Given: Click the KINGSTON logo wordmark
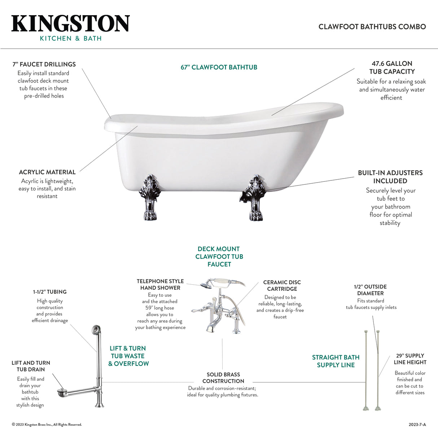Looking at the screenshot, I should tap(70, 24).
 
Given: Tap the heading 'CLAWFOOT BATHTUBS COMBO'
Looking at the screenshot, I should tap(372, 27).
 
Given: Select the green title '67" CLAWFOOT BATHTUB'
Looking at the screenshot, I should tap(219, 67).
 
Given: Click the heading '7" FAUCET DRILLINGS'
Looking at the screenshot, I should tap(44, 65).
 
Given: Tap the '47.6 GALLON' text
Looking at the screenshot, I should tap(392, 63).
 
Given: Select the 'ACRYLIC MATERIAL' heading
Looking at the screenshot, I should tap(47, 172).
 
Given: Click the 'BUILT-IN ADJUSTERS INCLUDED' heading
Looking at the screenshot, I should tap(390, 177).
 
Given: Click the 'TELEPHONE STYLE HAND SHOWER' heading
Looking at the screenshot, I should tap(160, 284).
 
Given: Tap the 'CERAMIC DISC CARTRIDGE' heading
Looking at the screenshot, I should tap(282, 285).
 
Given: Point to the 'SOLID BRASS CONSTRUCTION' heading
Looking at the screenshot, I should tap(223, 378).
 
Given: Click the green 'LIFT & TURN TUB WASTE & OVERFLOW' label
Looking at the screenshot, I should tap(128, 356).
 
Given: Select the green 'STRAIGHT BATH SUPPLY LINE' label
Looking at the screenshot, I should tap(336, 361).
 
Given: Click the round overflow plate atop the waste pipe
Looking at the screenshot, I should tap(95, 329).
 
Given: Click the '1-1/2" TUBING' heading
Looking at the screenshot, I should tap(50, 292).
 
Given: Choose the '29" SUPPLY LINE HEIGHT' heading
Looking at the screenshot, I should tap(410, 359).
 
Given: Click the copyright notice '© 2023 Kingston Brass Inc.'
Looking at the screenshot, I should tap(47, 425).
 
